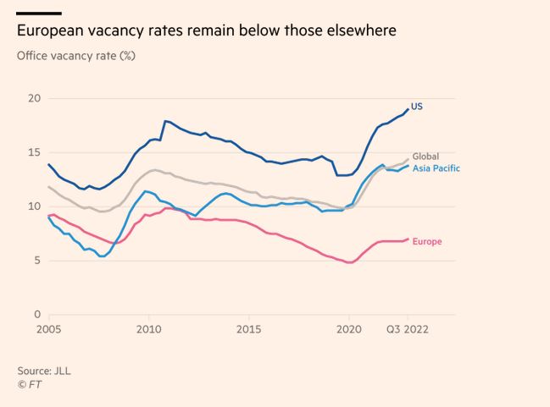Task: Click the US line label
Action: coord(415,107)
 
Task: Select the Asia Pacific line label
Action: coord(436,168)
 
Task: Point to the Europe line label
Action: coord(427,241)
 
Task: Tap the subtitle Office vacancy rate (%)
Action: coord(76,57)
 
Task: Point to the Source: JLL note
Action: coord(44,371)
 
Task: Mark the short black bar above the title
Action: coord(39,13)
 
